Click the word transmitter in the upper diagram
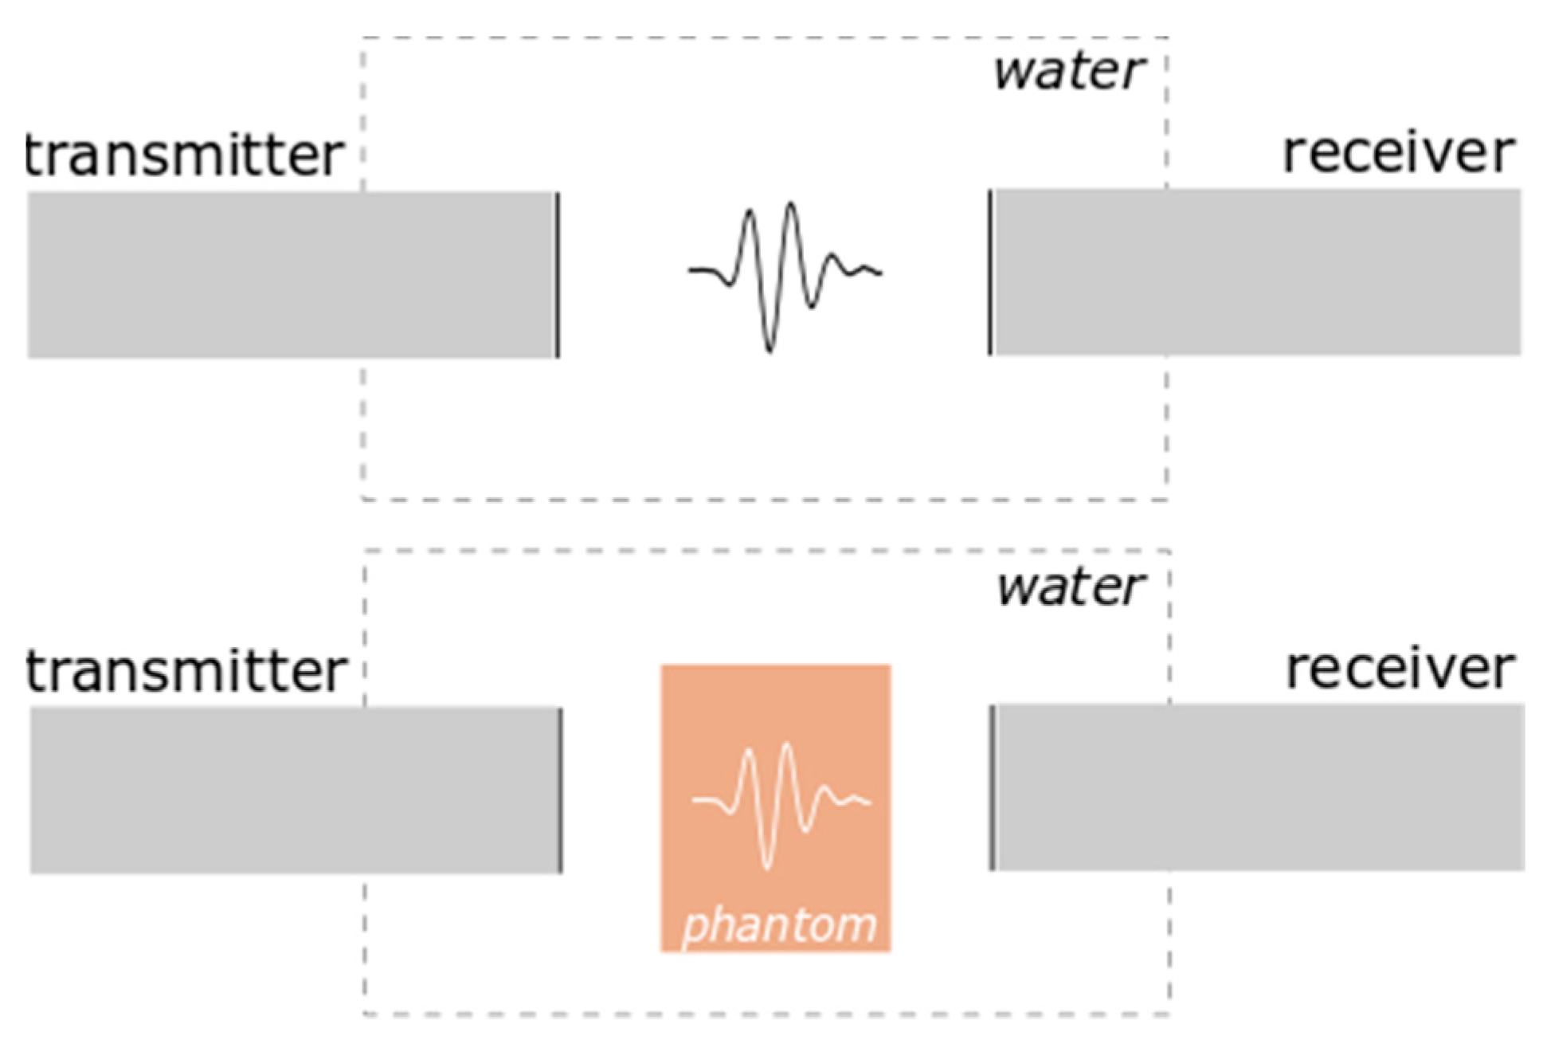[185, 155]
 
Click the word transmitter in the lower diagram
[186, 671]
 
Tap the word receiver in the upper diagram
[1398, 152]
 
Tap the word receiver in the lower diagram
[1400, 669]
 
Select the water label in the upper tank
[1068, 71]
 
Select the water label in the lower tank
[1070, 587]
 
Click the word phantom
[778, 925]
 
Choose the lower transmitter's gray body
[295, 791]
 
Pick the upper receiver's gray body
[1259, 273]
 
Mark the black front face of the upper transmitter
[558, 275]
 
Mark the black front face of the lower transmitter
[561, 791]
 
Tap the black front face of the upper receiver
[990, 273]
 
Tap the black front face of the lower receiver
[992, 788]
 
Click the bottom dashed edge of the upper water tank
[765, 500]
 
